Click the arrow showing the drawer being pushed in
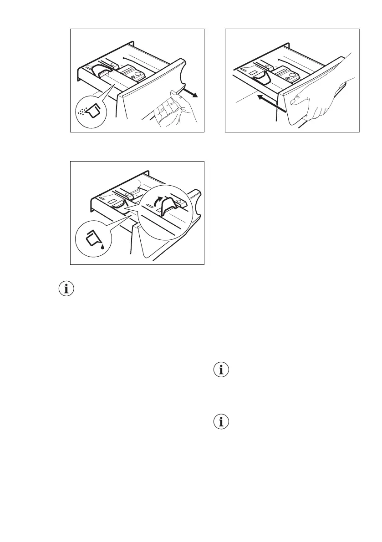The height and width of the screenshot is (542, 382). pyautogui.click(x=271, y=102)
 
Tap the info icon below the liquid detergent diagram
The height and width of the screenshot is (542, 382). pyautogui.click(x=66, y=288)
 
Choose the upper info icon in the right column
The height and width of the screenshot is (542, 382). pyautogui.click(x=221, y=370)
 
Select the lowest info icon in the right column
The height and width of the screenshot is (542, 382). pyautogui.click(x=221, y=422)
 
